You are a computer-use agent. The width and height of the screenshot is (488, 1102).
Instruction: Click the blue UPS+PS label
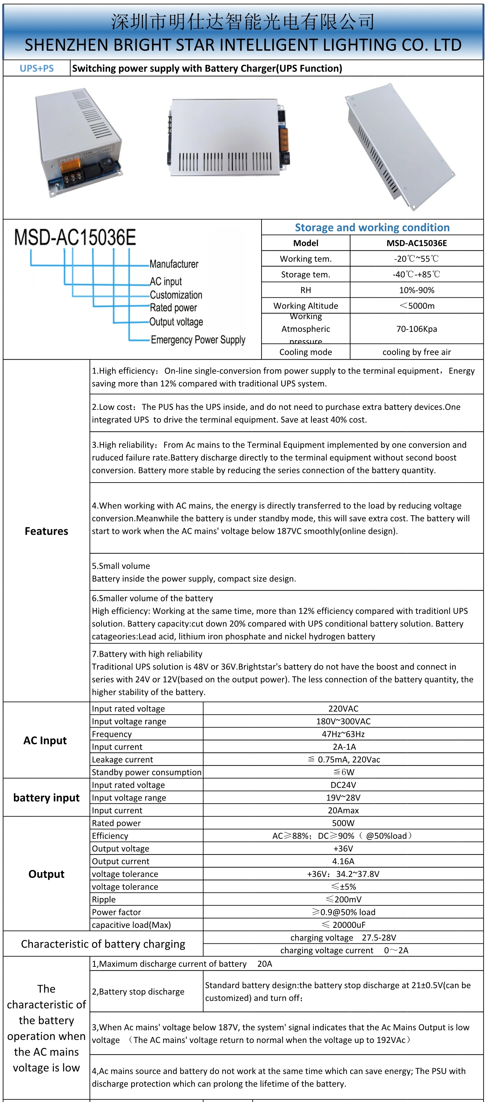pyautogui.click(x=37, y=68)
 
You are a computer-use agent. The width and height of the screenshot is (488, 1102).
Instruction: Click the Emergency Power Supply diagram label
pyautogui.click(x=198, y=340)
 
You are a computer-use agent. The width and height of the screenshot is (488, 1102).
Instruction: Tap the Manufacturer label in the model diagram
pyautogui.click(x=174, y=264)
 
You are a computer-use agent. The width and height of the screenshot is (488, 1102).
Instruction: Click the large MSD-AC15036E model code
pyautogui.click(x=75, y=238)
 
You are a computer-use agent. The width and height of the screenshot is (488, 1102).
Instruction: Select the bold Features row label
pyautogui.click(x=46, y=531)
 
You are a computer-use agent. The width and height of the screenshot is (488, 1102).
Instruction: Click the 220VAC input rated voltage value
pyautogui.click(x=343, y=709)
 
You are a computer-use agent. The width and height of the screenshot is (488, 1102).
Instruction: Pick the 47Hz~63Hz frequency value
pyautogui.click(x=343, y=734)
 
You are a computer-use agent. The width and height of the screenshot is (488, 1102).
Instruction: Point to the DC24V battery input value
pyautogui.click(x=343, y=785)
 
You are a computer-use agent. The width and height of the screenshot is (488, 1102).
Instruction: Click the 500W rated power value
pyautogui.click(x=343, y=823)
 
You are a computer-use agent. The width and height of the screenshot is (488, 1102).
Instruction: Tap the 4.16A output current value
pyautogui.click(x=343, y=861)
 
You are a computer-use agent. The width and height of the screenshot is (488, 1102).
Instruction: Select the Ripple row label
pyautogui.click(x=104, y=900)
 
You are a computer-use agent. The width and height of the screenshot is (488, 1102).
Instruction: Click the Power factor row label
pyautogui.click(x=116, y=912)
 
